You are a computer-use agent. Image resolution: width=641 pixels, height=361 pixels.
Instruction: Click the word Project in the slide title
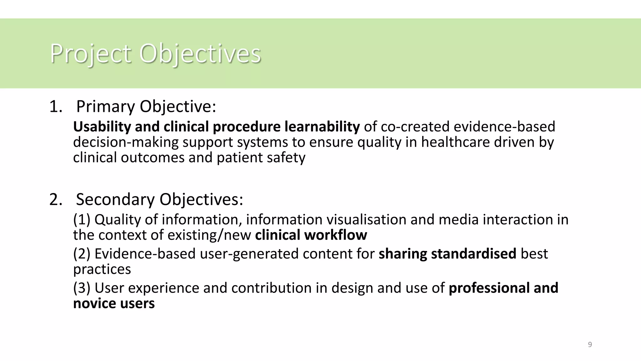pyautogui.click(x=90, y=54)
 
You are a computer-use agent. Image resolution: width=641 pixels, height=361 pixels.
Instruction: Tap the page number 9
pyautogui.click(x=590, y=345)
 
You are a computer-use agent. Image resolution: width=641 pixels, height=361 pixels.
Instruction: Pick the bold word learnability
pyautogui.click(x=322, y=127)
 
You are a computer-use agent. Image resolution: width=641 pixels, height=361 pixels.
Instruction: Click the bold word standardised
pyautogui.click(x=473, y=254)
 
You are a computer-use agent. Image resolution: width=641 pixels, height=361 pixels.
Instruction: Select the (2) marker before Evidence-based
pyautogui.click(x=82, y=254)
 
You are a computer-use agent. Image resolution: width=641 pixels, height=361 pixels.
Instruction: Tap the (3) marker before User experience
pyautogui.click(x=82, y=288)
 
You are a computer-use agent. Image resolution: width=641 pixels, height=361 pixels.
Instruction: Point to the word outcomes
pyautogui.click(x=153, y=158)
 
